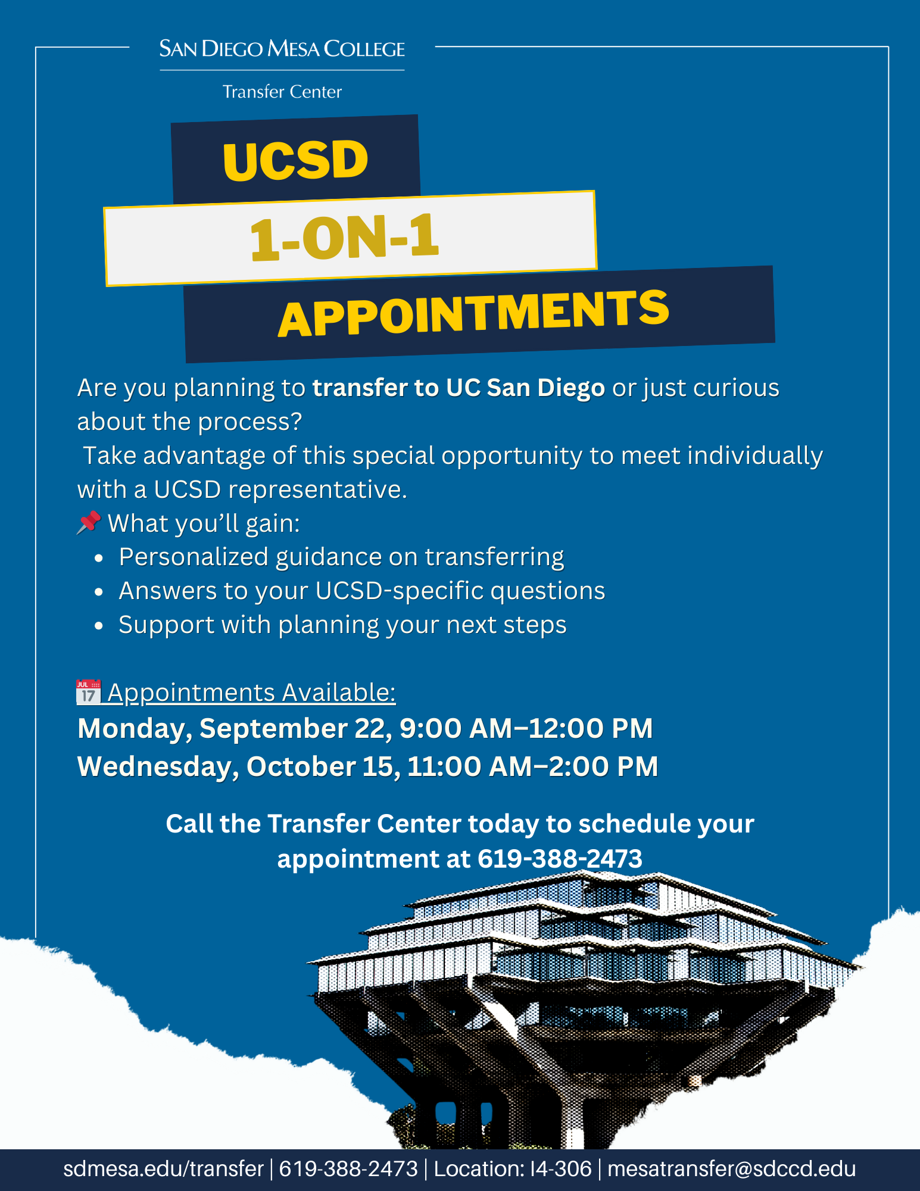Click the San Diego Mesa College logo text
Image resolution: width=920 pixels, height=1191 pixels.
(282, 48)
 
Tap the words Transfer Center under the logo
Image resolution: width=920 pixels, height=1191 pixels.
(282, 92)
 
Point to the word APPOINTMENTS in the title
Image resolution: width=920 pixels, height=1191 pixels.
(474, 313)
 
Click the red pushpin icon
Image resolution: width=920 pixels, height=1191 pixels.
(89, 523)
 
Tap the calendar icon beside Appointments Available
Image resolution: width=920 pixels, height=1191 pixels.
(89, 692)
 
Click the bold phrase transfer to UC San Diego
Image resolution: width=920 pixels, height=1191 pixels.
(459, 388)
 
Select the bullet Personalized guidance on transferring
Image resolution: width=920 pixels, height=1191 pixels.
(341, 557)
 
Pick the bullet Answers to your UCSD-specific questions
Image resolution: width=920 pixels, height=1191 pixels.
(362, 591)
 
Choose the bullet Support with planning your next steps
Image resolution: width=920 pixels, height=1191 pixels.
(342, 625)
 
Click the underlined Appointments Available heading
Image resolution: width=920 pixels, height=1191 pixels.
(252, 693)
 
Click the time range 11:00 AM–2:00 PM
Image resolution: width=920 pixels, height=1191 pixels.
(533, 766)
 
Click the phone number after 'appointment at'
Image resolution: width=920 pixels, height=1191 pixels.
(560, 859)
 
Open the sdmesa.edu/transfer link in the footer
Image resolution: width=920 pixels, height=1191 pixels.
(163, 1168)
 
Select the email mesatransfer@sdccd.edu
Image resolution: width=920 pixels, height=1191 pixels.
(732, 1168)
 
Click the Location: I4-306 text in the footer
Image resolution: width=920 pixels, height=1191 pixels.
(513, 1168)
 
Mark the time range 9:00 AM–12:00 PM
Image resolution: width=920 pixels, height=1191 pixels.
(526, 728)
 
